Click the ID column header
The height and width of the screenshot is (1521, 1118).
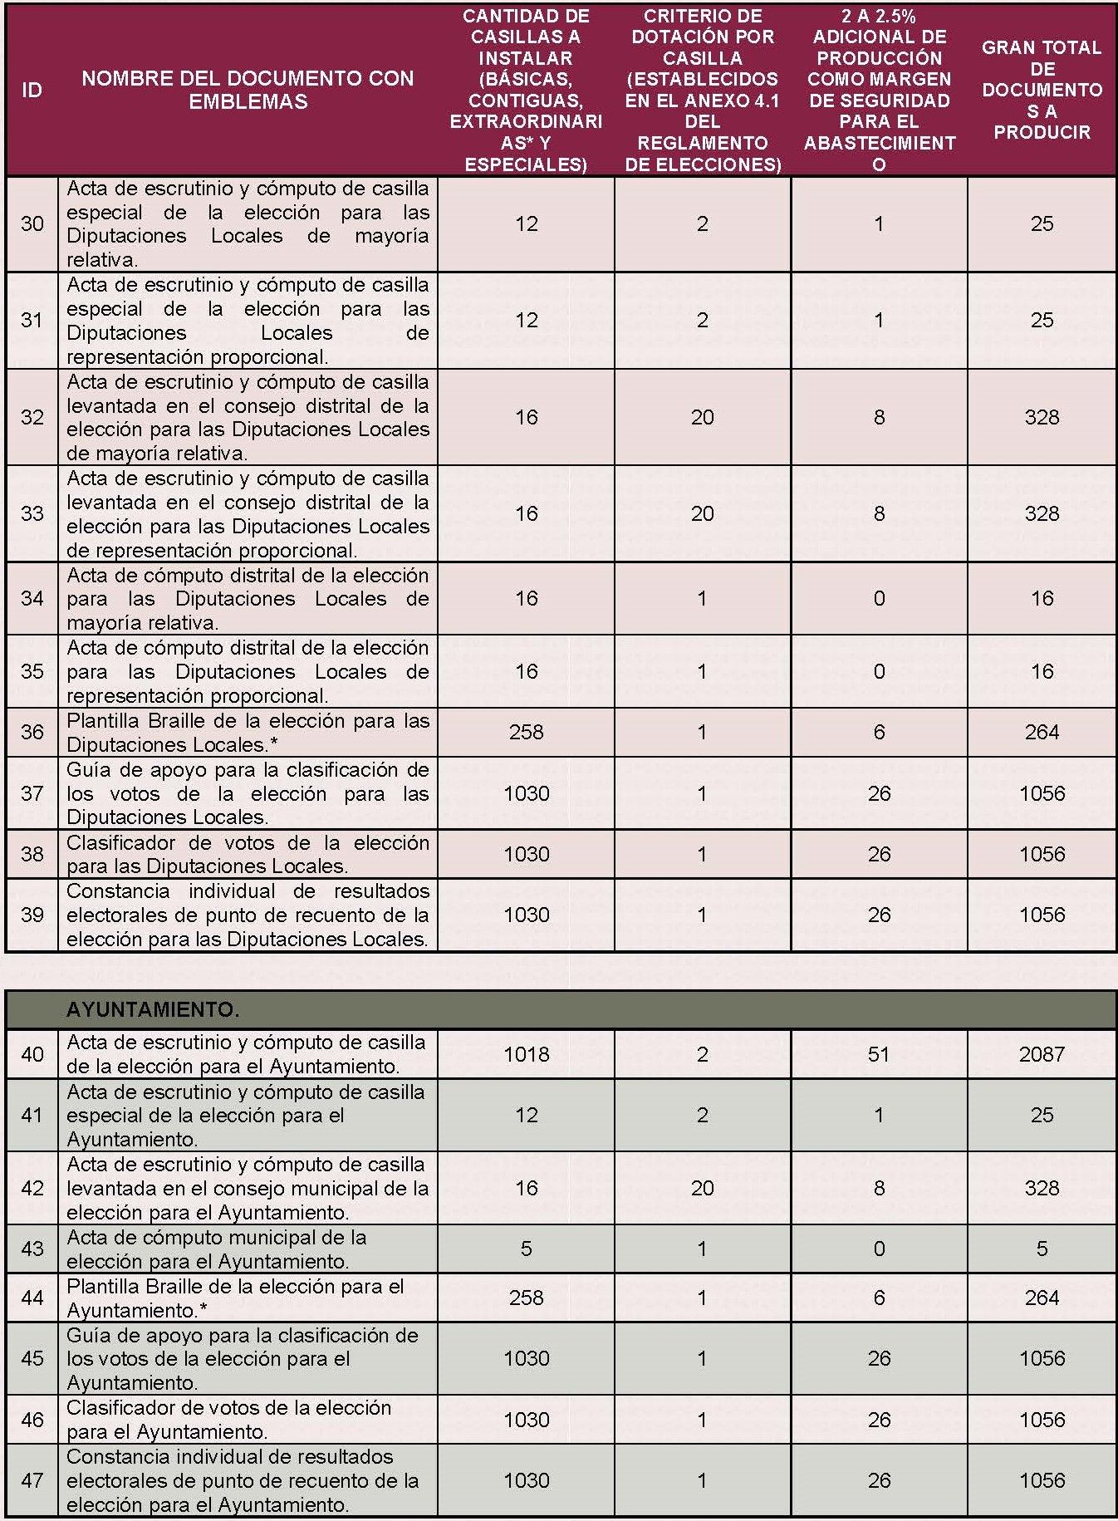[x=32, y=90]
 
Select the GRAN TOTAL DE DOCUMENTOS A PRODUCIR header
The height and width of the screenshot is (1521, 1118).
[x=1042, y=90]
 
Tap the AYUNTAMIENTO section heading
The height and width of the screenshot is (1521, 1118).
[x=153, y=1009]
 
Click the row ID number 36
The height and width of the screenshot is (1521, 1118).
[x=32, y=732]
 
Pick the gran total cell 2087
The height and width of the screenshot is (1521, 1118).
[x=1042, y=1054]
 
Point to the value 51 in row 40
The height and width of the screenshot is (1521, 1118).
[x=879, y=1054]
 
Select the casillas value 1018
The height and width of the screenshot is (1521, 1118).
[x=526, y=1054]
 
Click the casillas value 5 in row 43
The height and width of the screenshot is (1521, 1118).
[x=526, y=1249]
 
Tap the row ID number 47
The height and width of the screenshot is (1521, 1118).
[x=32, y=1480]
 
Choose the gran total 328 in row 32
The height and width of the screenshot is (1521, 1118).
[x=1042, y=417]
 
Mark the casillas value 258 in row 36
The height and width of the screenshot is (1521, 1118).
[x=526, y=732]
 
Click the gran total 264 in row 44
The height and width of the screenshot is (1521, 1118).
[x=1042, y=1298]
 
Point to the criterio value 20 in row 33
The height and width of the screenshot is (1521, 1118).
[x=702, y=513]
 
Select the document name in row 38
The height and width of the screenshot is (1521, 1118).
[x=248, y=854]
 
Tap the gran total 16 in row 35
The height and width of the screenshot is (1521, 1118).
[x=1042, y=671]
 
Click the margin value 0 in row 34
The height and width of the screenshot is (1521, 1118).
[x=879, y=598]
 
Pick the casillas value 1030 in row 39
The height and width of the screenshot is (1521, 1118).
[x=526, y=915]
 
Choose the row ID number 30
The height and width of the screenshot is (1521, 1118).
[x=32, y=223]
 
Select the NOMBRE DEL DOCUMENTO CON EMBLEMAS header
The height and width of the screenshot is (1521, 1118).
[x=248, y=90]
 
